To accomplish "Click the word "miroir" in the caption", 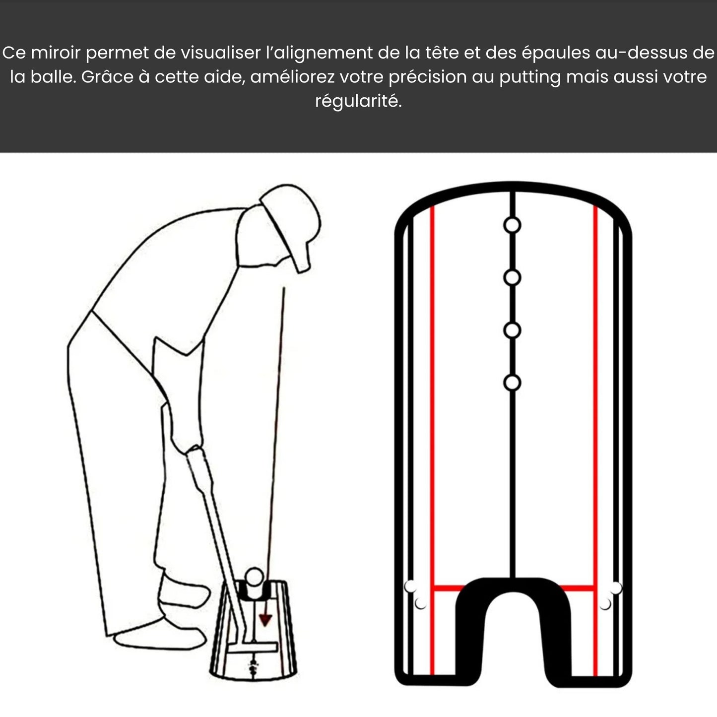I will coord(54,53).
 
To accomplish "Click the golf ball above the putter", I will coord(255,578).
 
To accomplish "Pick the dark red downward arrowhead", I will coord(266,619).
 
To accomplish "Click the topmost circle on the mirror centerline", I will coord(512,225).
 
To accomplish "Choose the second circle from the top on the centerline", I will coord(512,278).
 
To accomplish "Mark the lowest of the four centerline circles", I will coord(512,383).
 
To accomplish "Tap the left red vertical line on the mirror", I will coord(432,397).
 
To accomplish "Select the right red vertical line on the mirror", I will coord(595,397).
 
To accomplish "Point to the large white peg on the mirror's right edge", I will coord(616,588).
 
